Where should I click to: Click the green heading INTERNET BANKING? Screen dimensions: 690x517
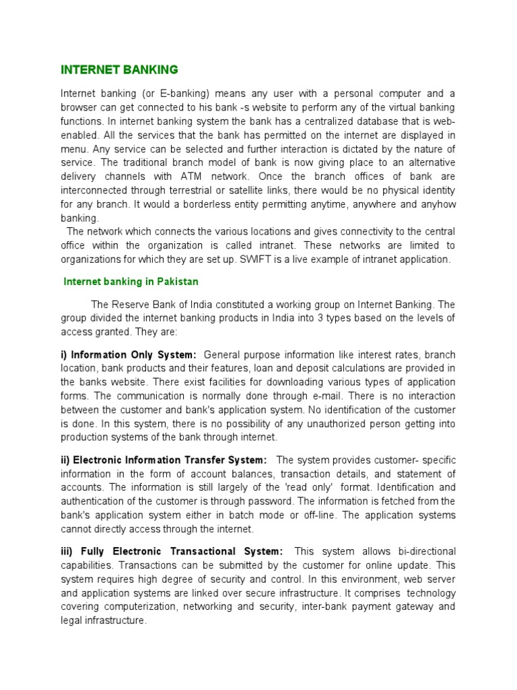[119, 69]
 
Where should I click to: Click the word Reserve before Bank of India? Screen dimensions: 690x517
[130, 304]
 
